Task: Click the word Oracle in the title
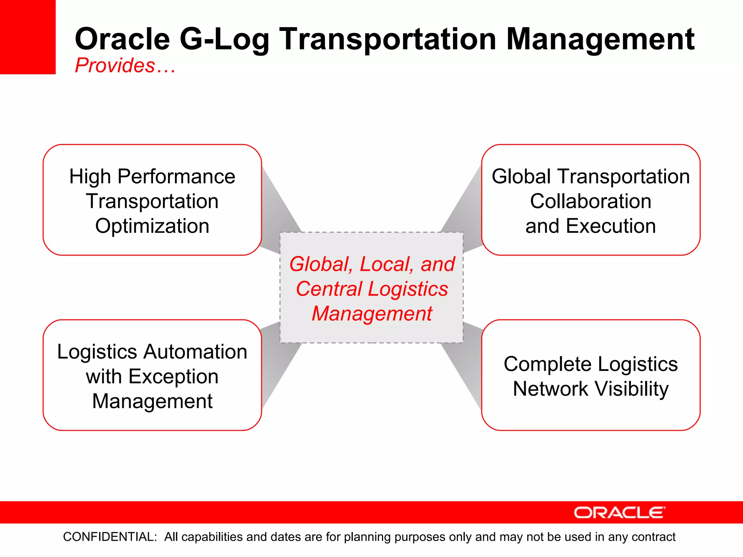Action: click(x=122, y=39)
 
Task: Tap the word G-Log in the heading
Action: click(x=224, y=39)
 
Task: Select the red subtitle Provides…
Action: click(x=125, y=66)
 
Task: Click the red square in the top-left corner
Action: click(x=28, y=36)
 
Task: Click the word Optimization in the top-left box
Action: click(x=152, y=226)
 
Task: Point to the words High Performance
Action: click(x=152, y=177)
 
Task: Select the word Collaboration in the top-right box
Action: click(x=590, y=201)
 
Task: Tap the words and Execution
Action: click(x=590, y=226)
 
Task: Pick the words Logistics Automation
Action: click(x=152, y=352)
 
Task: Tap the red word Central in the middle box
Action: click(x=329, y=289)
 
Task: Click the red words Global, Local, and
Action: click(x=372, y=264)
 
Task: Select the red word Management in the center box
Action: click(x=372, y=314)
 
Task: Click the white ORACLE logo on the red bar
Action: click(x=619, y=513)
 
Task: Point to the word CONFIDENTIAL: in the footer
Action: click(x=110, y=537)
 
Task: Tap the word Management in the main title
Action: click(x=600, y=39)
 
